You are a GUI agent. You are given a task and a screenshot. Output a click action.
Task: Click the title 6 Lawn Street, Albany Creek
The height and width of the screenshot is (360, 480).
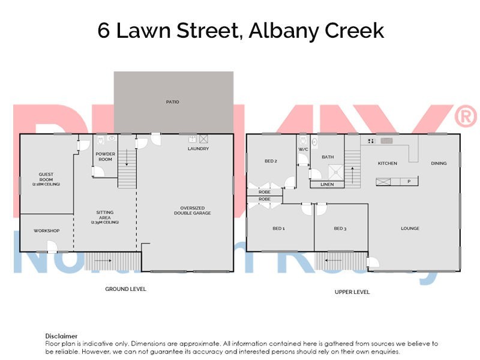coord(241,31)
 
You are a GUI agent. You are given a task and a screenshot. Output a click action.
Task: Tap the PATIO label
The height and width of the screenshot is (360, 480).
coord(173,102)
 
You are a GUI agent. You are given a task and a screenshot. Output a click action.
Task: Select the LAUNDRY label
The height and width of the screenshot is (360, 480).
coord(198,149)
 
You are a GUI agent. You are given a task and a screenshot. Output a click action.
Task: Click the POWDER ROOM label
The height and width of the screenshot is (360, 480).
coord(106,157)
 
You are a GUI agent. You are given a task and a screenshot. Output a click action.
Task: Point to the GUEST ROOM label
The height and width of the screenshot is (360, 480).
coord(46,179)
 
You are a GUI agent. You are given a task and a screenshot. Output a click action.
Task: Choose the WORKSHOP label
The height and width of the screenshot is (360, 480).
coord(46,230)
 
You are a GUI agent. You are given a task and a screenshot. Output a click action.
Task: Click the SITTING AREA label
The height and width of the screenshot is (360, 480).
coord(105,217)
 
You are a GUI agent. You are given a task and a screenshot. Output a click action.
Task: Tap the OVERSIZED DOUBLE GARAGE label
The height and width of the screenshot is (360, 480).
coord(193,211)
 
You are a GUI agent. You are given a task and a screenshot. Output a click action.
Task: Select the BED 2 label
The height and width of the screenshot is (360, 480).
coord(271,161)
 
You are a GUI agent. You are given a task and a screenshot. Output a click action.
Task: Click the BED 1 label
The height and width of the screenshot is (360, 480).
coord(278,228)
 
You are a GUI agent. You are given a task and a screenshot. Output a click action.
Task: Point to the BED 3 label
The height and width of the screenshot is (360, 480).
coord(340,228)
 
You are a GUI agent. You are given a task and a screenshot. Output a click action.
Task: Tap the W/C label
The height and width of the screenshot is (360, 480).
coord(303,149)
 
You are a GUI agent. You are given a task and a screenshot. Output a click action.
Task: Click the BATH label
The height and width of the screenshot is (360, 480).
coord(328,157)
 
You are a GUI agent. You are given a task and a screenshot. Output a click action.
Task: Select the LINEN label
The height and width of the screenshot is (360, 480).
coord(327,184)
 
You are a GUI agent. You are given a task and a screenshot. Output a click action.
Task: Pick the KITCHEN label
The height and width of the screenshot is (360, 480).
coord(387,163)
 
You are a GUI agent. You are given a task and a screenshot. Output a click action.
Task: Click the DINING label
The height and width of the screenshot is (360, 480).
coord(439,163)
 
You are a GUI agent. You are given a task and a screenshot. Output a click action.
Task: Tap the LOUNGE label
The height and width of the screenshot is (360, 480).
coord(410,228)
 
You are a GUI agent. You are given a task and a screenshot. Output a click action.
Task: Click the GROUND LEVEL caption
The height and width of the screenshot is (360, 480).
coord(125,289)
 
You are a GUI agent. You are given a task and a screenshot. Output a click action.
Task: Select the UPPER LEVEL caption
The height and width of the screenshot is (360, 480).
coord(352,292)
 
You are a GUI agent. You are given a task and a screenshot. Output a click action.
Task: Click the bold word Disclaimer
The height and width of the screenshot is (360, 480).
coord(61,336)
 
